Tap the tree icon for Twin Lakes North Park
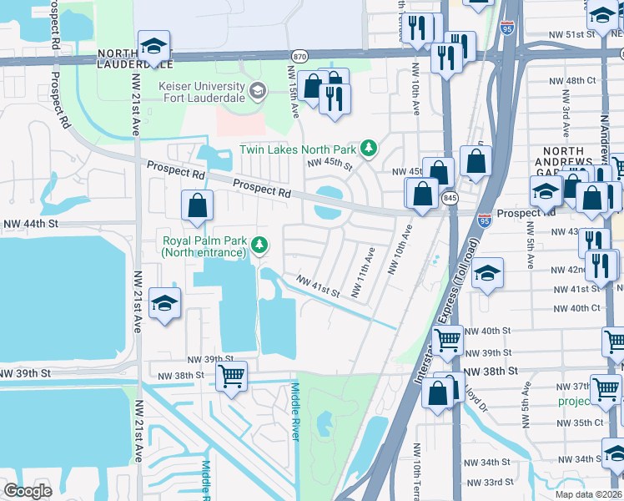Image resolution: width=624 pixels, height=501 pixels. click(x=368, y=149)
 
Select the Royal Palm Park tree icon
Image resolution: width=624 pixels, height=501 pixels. click(x=261, y=245)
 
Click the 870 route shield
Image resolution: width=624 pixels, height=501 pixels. click(x=299, y=55)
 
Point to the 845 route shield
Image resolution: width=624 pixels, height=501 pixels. click(x=450, y=198)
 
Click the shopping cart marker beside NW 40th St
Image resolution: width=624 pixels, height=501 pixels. click(x=448, y=339)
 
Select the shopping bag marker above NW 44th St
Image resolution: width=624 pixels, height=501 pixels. click(x=197, y=205)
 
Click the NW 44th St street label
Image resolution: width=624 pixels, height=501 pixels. click(x=31, y=224)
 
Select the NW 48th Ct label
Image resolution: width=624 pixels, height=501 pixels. click(x=581, y=80)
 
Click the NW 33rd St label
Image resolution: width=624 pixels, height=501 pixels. click(x=506, y=482)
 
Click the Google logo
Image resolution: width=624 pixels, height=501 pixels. click(x=28, y=491)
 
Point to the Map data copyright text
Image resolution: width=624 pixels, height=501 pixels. click(x=588, y=494)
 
